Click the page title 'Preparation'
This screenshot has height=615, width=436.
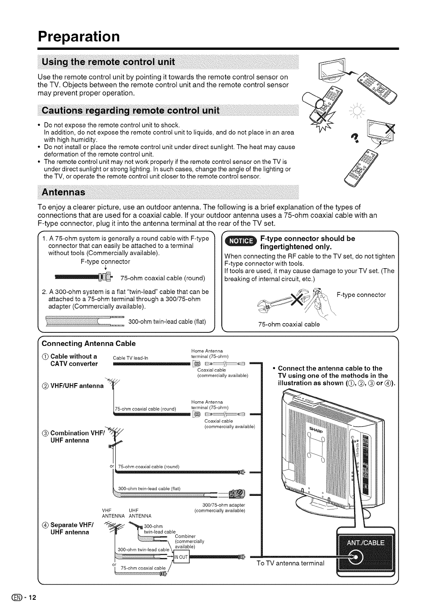(x=79, y=35)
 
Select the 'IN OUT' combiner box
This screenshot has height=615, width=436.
(x=182, y=557)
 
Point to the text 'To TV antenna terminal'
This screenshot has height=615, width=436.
(x=291, y=563)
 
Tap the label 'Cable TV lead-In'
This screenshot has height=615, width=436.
(x=130, y=359)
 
